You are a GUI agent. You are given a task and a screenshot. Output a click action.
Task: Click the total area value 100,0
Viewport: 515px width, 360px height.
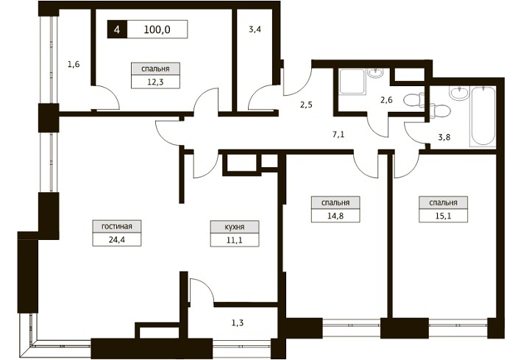pyautogui.click(x=157, y=29)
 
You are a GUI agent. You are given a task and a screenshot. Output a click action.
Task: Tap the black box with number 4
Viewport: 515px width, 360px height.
pyautogui.click(x=117, y=29)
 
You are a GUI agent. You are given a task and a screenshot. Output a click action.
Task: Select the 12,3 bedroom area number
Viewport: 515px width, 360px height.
pyautogui.click(x=155, y=82)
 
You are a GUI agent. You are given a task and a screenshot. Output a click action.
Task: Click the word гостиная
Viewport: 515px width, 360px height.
pyautogui.click(x=117, y=227)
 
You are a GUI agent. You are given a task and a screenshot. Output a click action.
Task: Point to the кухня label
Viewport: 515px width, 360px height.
pyautogui.click(x=235, y=227)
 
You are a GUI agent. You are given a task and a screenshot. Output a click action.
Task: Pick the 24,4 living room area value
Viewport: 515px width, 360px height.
pyautogui.click(x=117, y=240)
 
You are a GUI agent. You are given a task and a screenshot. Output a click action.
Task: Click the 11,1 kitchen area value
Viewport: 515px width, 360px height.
pyautogui.click(x=235, y=240)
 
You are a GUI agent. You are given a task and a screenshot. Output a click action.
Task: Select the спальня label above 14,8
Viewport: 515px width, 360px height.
pyautogui.click(x=335, y=203)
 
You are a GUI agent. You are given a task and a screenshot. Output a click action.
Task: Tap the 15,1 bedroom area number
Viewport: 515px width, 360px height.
pyautogui.click(x=443, y=216)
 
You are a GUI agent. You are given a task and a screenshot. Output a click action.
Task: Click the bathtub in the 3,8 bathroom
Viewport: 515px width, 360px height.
pyautogui.click(x=483, y=116)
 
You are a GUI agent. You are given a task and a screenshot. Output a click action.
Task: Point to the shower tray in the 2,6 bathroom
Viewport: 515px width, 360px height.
pyautogui.click(x=352, y=82)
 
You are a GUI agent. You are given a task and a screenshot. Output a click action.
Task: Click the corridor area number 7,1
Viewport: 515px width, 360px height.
pyautogui.click(x=338, y=135)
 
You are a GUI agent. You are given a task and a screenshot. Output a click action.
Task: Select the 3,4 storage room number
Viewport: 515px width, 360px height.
pyautogui.click(x=255, y=29)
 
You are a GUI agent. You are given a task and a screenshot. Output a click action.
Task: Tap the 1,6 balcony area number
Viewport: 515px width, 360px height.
pyautogui.click(x=74, y=64)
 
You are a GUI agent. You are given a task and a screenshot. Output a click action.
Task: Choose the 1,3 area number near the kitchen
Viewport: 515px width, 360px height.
pyautogui.click(x=238, y=323)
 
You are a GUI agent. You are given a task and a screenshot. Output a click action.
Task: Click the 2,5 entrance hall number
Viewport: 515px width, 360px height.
pyautogui.click(x=306, y=105)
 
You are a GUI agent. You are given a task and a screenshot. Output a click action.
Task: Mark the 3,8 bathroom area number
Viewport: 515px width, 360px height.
pyautogui.click(x=444, y=138)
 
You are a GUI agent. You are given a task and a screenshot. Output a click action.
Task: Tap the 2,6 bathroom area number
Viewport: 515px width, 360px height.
pyautogui.click(x=386, y=99)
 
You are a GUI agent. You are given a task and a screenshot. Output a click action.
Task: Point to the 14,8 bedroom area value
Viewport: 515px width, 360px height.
pyautogui.click(x=335, y=216)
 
